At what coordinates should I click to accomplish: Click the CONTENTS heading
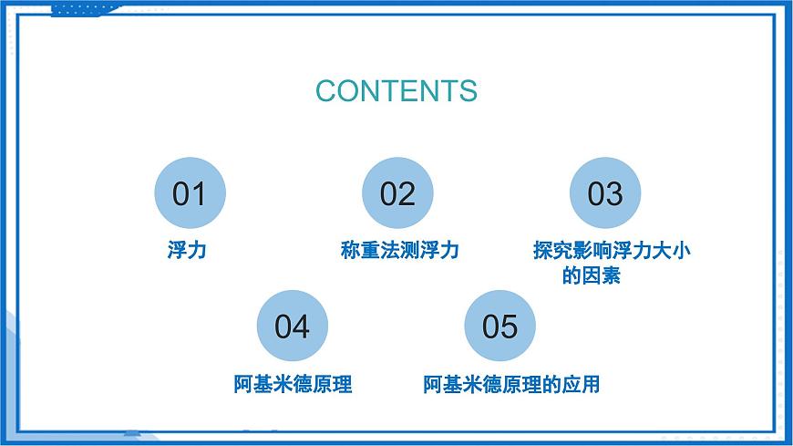click(396, 91)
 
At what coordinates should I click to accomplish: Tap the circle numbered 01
click(189, 193)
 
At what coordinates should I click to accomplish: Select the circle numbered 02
click(397, 193)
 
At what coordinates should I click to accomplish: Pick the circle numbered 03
click(605, 193)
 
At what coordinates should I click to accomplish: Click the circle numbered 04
click(293, 327)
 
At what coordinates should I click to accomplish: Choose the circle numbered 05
click(500, 327)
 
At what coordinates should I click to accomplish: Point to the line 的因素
click(592, 275)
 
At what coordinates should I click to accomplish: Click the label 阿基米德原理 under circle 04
click(293, 384)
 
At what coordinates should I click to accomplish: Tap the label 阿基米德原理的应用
click(511, 384)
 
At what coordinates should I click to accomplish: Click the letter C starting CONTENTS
click(326, 91)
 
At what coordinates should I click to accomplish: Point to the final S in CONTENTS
click(467, 91)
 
